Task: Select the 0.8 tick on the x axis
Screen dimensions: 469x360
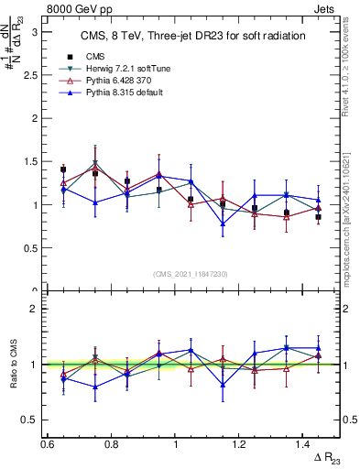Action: tap(111, 443)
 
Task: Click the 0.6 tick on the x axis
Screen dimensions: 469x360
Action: tap(47, 443)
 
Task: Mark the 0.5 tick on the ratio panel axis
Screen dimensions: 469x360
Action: tap(34, 420)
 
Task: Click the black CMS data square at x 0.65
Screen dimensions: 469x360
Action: tap(63, 169)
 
